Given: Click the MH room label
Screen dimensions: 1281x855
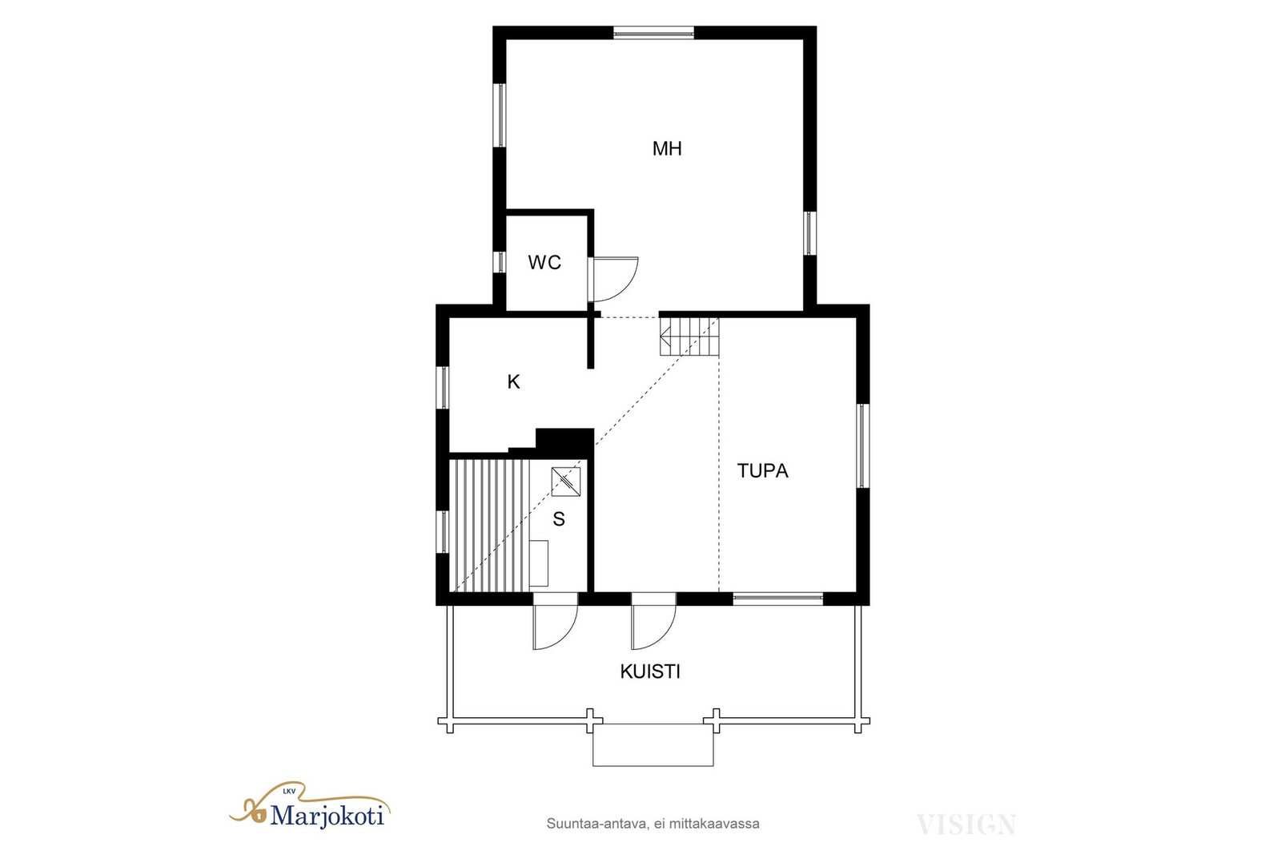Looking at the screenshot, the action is (x=667, y=149).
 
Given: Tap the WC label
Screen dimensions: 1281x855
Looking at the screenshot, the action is (x=544, y=263).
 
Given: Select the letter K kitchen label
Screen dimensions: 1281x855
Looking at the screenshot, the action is (x=513, y=381).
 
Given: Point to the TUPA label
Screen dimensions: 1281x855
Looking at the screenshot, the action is (x=762, y=470).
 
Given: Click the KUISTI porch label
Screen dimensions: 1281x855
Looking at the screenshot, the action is (x=650, y=671).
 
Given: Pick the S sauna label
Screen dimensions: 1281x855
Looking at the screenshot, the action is (x=559, y=519).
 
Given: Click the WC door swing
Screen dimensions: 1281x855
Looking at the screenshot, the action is (x=615, y=280).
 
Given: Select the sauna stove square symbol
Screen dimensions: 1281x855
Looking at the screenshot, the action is (x=566, y=482).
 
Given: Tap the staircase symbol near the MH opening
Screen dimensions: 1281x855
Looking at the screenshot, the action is (x=689, y=337).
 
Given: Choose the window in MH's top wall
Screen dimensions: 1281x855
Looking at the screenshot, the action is (x=653, y=33).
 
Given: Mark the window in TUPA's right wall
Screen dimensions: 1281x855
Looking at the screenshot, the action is (x=863, y=446).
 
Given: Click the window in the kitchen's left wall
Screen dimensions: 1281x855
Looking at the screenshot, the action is (x=443, y=388).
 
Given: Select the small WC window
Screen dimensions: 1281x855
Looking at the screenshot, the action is (x=500, y=262).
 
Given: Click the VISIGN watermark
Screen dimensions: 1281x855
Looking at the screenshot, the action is (x=966, y=825).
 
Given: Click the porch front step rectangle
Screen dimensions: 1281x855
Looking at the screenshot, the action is (x=653, y=744).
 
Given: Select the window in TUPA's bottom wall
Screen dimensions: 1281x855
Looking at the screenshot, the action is (x=777, y=599).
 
